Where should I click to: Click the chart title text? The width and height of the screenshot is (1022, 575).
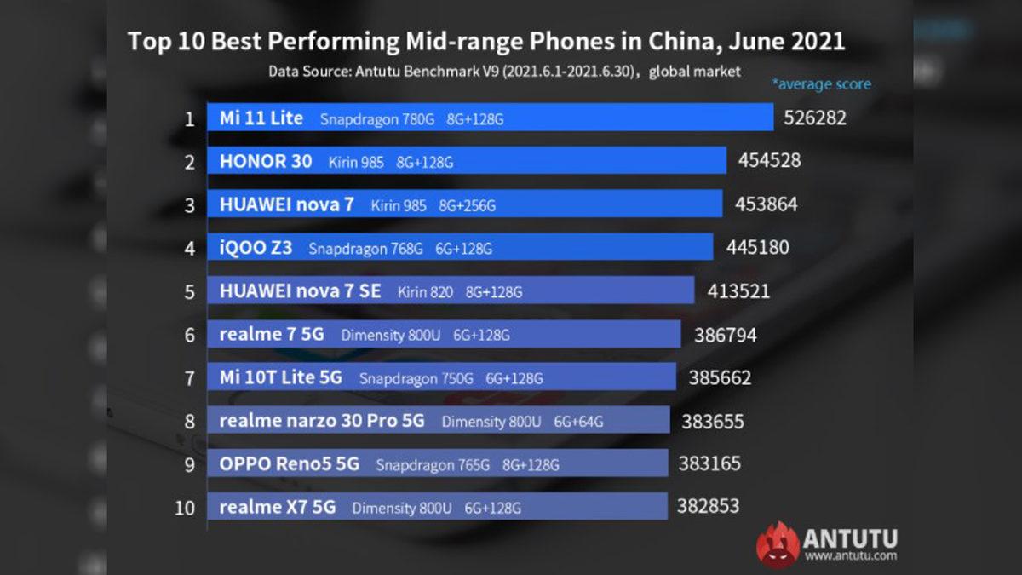(x=486, y=42)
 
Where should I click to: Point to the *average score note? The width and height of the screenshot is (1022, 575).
(x=821, y=84)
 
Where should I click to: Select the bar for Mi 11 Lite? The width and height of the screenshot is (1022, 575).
(x=490, y=118)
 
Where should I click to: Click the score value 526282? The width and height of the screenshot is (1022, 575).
(x=815, y=118)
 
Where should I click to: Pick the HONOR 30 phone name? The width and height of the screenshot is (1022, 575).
(x=266, y=161)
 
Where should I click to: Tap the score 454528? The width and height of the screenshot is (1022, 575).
(x=769, y=160)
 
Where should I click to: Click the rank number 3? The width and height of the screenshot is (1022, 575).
(x=190, y=205)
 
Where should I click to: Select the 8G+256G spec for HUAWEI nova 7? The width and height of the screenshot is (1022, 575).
(x=467, y=205)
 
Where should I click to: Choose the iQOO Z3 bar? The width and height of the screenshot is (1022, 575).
(x=460, y=248)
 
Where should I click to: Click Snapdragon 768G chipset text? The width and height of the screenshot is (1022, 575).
(x=365, y=249)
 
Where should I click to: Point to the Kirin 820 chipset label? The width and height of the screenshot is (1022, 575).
(x=424, y=292)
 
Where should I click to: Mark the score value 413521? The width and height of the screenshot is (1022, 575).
(x=738, y=291)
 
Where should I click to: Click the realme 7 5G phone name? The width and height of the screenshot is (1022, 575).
(x=272, y=335)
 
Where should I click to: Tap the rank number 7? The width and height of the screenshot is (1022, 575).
(x=190, y=378)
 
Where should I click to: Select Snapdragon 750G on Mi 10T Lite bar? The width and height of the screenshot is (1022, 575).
(x=416, y=378)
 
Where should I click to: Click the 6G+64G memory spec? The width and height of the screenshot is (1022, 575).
(x=579, y=421)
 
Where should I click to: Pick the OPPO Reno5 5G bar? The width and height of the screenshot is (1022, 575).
(x=438, y=464)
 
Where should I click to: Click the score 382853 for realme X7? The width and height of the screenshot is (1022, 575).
(x=708, y=506)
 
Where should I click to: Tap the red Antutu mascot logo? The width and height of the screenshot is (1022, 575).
(x=778, y=545)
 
